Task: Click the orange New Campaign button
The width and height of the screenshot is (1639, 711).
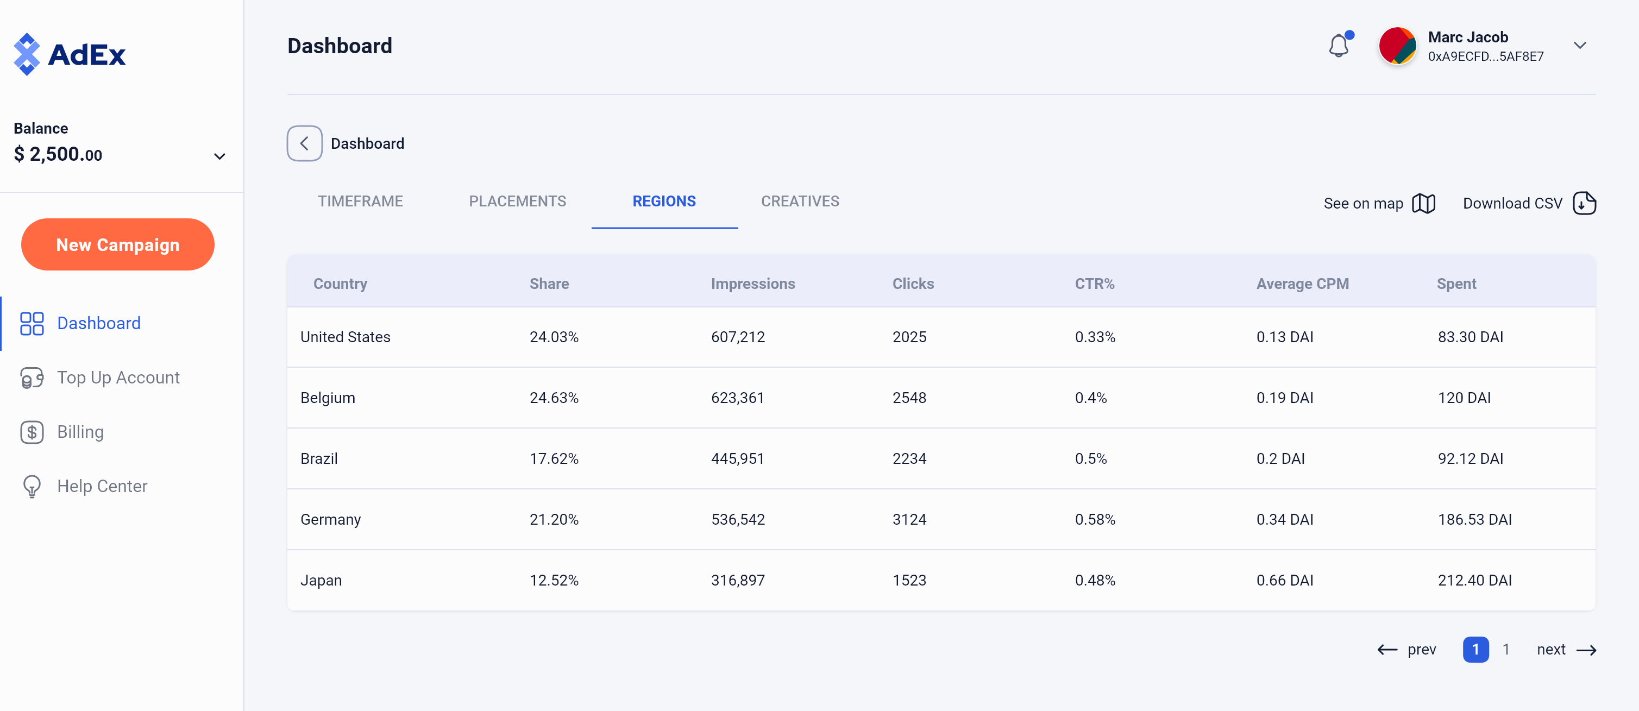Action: (118, 245)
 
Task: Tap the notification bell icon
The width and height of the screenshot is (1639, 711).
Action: (1339, 46)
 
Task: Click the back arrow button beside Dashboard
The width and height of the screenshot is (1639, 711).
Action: (304, 144)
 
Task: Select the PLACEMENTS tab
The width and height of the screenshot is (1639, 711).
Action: (517, 202)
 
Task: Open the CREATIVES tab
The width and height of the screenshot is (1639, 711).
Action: (800, 202)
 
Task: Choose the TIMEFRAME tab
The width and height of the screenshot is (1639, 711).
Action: (360, 202)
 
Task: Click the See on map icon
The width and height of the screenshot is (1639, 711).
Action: (1423, 204)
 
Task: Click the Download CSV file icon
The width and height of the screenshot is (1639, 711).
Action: (1584, 204)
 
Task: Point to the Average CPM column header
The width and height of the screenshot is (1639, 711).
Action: (1302, 284)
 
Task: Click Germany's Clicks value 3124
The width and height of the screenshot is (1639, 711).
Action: (909, 520)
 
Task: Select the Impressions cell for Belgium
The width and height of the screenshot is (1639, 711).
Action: (737, 398)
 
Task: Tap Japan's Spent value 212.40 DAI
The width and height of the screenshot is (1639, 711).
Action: (1474, 581)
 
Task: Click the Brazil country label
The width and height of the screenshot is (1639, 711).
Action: (319, 459)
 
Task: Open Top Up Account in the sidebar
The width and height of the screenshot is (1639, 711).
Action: (118, 377)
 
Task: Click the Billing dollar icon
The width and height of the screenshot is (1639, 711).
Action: (32, 432)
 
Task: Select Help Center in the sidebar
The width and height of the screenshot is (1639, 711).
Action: (102, 487)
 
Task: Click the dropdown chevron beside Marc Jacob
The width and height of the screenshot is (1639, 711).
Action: (1579, 46)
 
